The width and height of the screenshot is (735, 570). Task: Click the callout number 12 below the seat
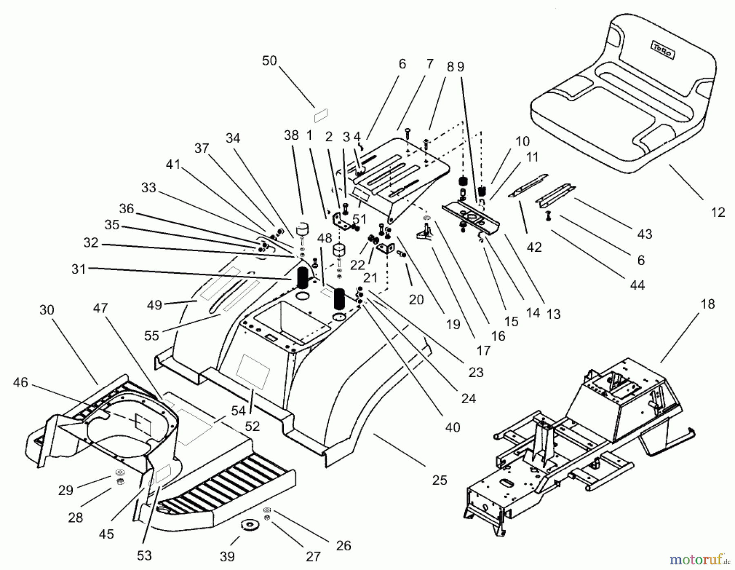717,212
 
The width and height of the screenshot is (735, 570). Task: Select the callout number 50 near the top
269,61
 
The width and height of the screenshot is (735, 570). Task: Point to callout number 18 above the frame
708,304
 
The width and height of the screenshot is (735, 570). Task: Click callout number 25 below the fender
439,480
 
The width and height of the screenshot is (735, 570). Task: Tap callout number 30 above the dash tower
47,310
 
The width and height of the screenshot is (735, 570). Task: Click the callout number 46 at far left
20,382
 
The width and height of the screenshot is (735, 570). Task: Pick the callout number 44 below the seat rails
637,285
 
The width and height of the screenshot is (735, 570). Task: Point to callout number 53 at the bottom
144,555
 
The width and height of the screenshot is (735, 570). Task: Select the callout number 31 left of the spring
78,269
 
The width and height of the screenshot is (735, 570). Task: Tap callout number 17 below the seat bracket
483,350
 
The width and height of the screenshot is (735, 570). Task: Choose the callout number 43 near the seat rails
645,234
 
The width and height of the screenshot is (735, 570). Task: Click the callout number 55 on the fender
151,335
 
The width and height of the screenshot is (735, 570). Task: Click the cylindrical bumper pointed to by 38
303,229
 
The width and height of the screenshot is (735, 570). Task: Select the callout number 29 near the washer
65,490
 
